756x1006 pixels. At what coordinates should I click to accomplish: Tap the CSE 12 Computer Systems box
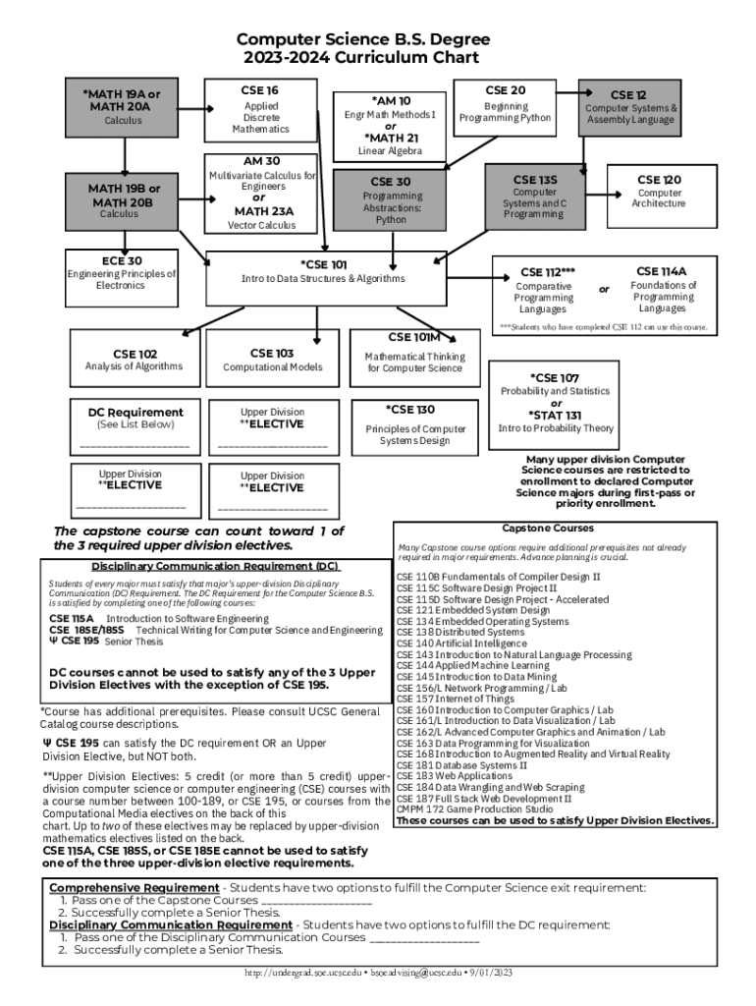point(629,107)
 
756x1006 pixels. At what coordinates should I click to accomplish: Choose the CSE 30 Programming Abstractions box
point(391,199)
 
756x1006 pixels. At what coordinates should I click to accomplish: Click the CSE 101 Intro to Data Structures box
point(323,272)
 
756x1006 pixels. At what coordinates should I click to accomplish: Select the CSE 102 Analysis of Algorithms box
point(134,360)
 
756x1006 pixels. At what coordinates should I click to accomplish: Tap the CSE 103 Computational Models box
point(272,360)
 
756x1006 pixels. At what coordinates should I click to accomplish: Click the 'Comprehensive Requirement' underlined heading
point(127,887)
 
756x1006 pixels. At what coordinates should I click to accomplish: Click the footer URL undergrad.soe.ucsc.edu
point(306,973)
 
